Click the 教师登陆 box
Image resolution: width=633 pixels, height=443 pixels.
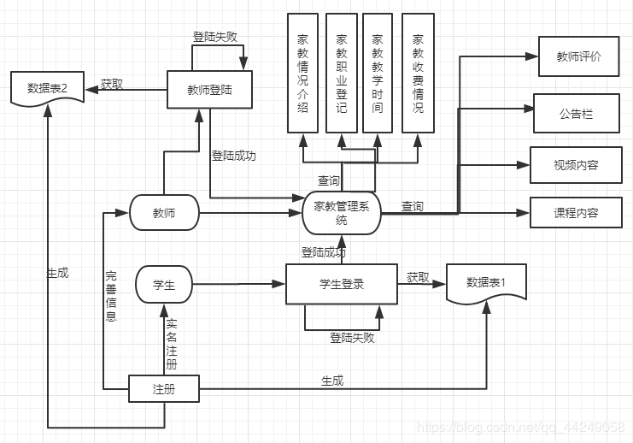point(209,89)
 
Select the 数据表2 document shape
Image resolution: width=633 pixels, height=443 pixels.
point(47,89)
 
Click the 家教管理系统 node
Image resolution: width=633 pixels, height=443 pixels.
point(342,213)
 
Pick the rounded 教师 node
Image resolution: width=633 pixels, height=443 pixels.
point(164,213)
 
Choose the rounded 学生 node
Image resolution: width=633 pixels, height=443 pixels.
point(164,284)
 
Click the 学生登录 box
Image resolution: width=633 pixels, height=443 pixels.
point(342,284)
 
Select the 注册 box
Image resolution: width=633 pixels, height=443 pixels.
point(164,388)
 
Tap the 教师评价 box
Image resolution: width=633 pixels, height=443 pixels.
point(579,56)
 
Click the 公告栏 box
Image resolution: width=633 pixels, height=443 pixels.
point(577,113)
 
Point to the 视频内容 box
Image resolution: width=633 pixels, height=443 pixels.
point(576,165)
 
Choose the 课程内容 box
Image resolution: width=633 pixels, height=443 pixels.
point(576,213)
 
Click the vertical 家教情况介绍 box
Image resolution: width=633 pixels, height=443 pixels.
point(302,73)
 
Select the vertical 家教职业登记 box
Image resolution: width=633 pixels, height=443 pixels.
point(342,73)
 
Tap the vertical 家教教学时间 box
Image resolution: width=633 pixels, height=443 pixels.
point(378,73)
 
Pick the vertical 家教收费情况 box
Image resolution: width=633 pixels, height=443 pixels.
point(419,73)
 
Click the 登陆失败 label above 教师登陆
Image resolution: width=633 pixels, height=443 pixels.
point(214,37)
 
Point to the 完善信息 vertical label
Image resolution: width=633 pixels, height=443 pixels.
point(111,296)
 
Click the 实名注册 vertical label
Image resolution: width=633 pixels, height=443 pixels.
point(172,344)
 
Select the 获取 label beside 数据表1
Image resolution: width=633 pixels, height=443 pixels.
point(418,277)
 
